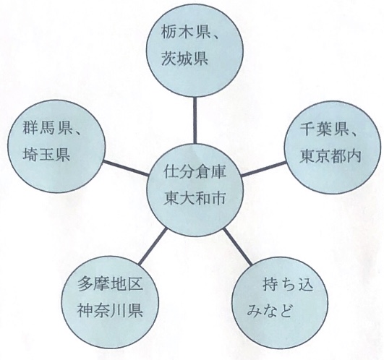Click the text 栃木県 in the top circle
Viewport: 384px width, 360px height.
click(184, 33)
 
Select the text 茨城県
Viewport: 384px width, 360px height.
click(184, 59)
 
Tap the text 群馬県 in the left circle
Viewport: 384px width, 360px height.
click(46, 127)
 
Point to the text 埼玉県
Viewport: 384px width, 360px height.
click(46, 154)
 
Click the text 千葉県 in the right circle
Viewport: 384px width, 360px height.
click(324, 129)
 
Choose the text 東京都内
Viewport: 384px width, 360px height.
click(330, 156)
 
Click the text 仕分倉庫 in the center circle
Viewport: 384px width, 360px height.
click(195, 171)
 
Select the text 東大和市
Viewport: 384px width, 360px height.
click(195, 198)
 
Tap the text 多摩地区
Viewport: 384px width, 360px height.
click(110, 284)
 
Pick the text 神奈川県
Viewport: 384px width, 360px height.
click(110, 310)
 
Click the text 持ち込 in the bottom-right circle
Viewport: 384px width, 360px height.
click(288, 284)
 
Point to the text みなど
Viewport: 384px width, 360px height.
click(270, 311)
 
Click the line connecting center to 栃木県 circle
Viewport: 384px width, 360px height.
click(195, 121)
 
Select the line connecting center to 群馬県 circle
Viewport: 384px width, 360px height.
click(125, 168)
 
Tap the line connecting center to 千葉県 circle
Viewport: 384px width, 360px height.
click(264, 168)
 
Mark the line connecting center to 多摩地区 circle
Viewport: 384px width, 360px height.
click(153, 247)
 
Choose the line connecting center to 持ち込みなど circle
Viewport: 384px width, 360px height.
click(237, 247)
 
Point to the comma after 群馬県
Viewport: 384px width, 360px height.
click(77, 132)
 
